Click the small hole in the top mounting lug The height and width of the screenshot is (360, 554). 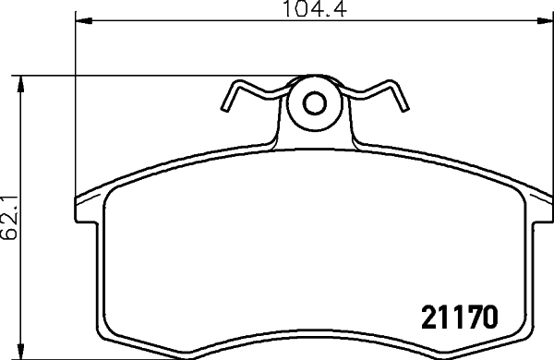pos(314,102)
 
